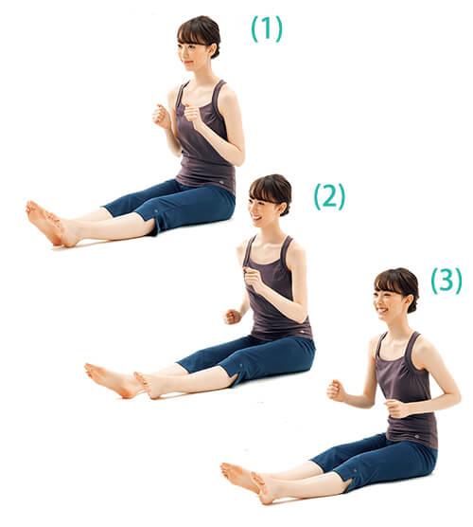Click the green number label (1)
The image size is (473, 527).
[x=267, y=29]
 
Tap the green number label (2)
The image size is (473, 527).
[x=329, y=196]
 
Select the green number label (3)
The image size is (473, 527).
[x=447, y=281]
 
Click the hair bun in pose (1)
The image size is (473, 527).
[x=215, y=50]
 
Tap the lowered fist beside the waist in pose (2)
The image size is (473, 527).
[x=232, y=317]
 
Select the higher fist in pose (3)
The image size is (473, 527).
[x=336, y=391]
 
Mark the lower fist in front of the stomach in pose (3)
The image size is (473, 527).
[x=394, y=409]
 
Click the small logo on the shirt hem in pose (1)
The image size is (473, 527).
[x=221, y=182]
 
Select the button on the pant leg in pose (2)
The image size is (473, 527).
[x=241, y=365]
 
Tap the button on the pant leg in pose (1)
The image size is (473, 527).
[x=157, y=210]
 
